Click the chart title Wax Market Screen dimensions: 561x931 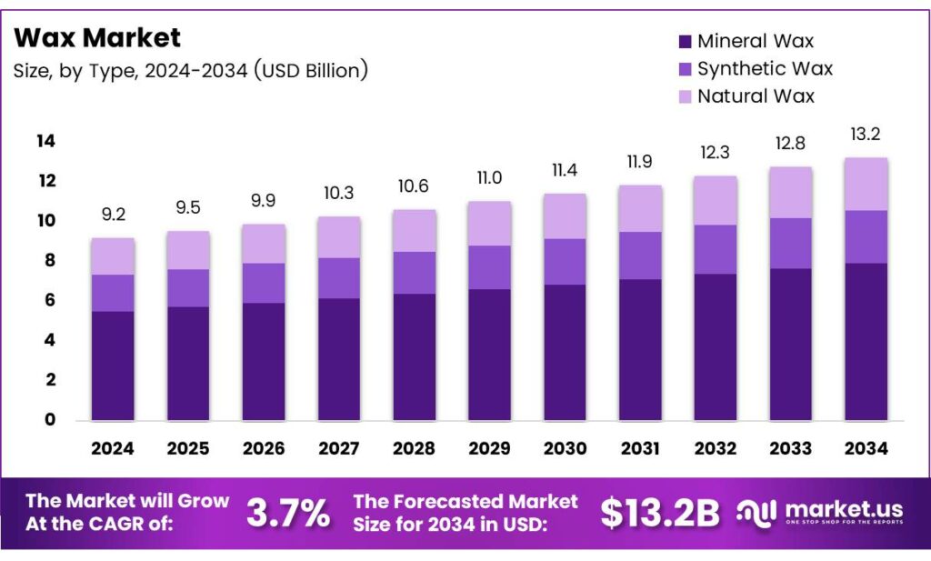click(97, 37)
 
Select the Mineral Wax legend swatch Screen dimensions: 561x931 click(685, 41)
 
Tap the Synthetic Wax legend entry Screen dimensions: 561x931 click(755, 68)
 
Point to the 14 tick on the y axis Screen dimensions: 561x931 click(46, 141)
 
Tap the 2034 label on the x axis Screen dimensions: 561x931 click(866, 448)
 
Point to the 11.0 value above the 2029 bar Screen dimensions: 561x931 click(489, 179)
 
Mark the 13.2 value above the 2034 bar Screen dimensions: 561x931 click(866, 135)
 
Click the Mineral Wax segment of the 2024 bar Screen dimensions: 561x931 click(113, 366)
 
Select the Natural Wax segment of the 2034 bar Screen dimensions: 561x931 click(866, 184)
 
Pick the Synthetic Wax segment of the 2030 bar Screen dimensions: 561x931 click(565, 262)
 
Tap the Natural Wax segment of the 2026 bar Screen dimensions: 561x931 click(264, 244)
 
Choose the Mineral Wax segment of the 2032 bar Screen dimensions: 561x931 click(715, 346)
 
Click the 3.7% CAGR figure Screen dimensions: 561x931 click(287, 514)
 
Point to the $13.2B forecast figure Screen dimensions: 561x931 click(659, 514)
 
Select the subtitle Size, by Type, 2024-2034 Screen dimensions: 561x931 click(190, 70)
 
